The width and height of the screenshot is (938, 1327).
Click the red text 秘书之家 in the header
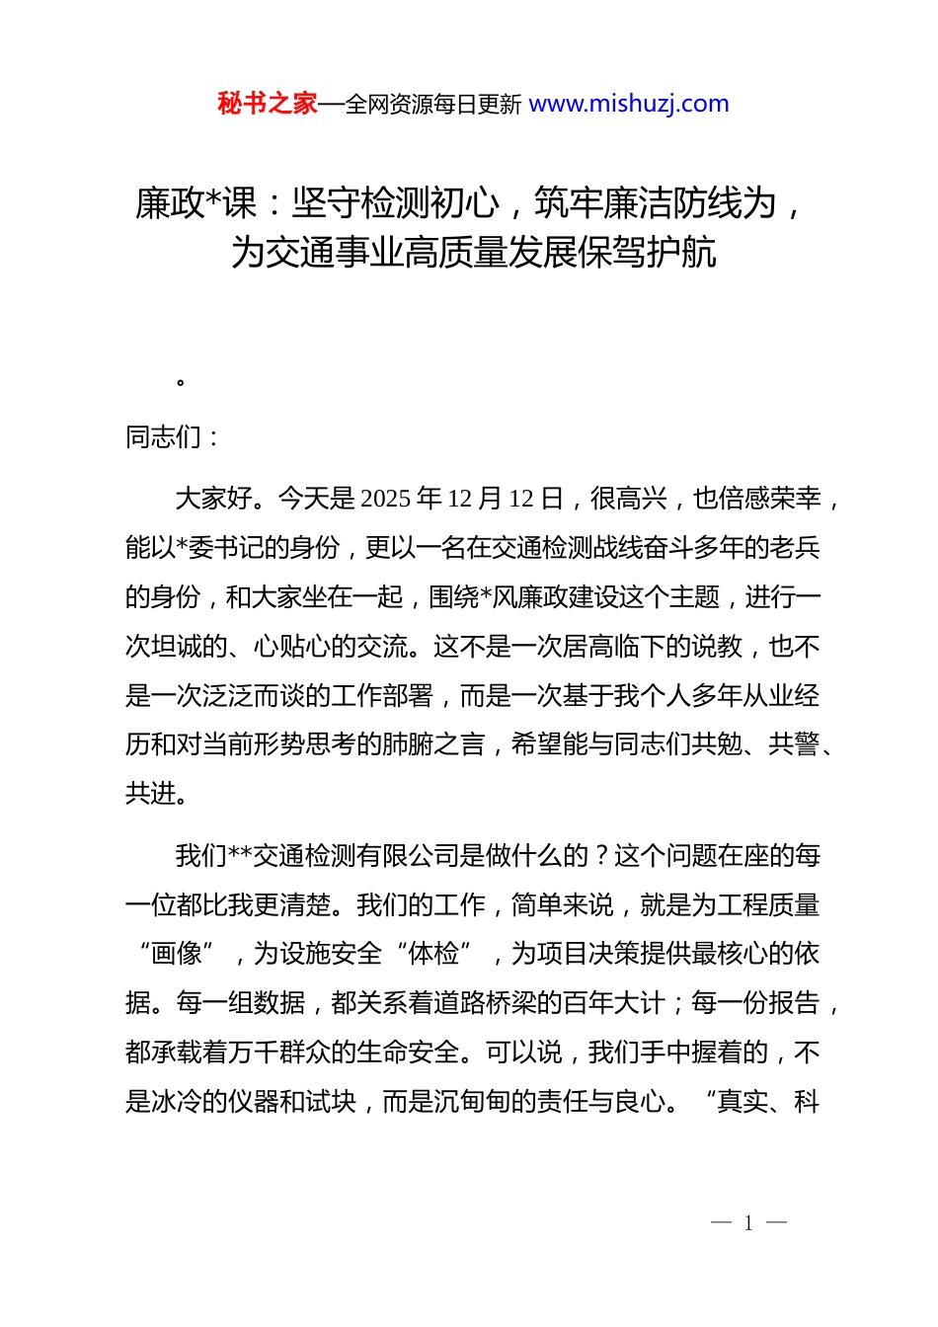click(x=267, y=104)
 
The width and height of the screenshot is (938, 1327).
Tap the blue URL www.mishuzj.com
click(x=629, y=104)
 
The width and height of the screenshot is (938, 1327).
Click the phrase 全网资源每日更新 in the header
click(x=432, y=105)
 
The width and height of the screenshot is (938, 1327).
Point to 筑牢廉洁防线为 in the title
click(x=656, y=203)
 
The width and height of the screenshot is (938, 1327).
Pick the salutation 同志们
click(x=163, y=436)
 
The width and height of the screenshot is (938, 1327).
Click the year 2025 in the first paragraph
click(x=385, y=499)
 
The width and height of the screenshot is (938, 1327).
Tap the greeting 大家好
click(x=213, y=499)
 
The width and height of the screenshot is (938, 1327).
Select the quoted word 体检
click(x=432, y=954)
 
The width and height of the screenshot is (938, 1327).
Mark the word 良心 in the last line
click(x=640, y=1102)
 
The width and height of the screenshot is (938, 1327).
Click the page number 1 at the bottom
click(x=748, y=1223)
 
